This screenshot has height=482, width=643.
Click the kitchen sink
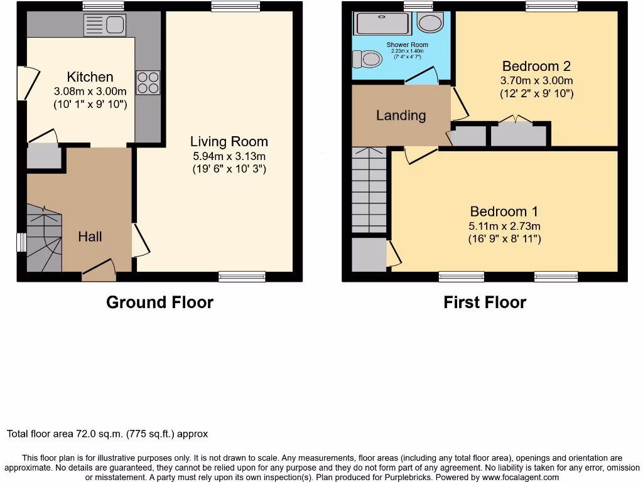104,25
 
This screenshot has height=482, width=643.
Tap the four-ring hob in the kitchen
148,83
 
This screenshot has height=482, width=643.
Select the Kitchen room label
90,77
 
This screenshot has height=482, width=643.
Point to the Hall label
90,237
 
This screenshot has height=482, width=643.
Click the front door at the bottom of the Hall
99,270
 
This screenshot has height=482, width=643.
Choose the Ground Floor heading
159,303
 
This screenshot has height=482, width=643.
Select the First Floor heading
484,303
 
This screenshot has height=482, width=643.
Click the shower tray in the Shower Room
382,24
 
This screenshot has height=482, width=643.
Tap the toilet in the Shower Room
367,59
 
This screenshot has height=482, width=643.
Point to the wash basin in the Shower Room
431,24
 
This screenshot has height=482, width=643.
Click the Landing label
401,115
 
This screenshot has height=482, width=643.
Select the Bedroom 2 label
536,66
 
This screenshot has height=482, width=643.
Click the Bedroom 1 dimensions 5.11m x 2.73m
504,226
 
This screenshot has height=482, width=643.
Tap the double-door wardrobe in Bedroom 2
518,134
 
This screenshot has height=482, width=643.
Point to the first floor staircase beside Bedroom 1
369,191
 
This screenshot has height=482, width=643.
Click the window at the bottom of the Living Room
242,276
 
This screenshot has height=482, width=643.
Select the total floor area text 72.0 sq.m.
107,434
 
